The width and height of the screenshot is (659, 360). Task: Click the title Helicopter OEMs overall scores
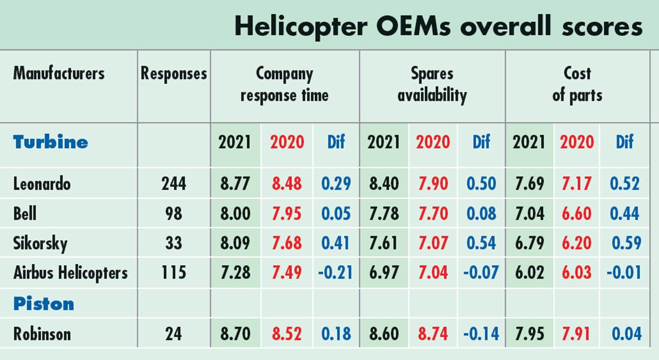tap(438, 26)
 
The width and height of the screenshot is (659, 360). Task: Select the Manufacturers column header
tap(59, 74)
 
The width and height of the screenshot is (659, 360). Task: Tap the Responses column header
tap(174, 74)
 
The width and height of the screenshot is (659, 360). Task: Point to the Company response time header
tap(284, 84)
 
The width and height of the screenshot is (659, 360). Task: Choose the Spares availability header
tap(432, 84)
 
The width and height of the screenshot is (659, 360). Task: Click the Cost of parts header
tap(577, 84)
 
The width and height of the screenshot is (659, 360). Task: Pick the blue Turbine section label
tap(51, 142)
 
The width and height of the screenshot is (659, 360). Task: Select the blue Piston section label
tap(44, 304)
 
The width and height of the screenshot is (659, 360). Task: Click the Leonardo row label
tap(42, 184)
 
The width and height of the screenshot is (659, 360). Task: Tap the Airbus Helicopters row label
tap(70, 272)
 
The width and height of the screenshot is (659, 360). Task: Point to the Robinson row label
tap(42, 334)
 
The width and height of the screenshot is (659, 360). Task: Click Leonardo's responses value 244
tap(174, 184)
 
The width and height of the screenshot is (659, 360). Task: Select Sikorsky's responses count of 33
tap(174, 243)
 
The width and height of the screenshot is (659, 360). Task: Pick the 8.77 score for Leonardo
tap(235, 184)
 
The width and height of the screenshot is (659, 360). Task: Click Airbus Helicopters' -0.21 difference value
tap(335, 272)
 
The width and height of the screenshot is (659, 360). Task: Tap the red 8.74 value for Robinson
tap(432, 334)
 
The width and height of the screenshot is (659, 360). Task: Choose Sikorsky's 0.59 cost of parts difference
tap(625, 243)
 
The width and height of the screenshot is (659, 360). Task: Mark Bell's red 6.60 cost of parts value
tap(576, 214)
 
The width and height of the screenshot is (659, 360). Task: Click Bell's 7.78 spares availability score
tap(384, 214)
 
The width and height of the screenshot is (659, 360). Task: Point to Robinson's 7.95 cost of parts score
tap(528, 334)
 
